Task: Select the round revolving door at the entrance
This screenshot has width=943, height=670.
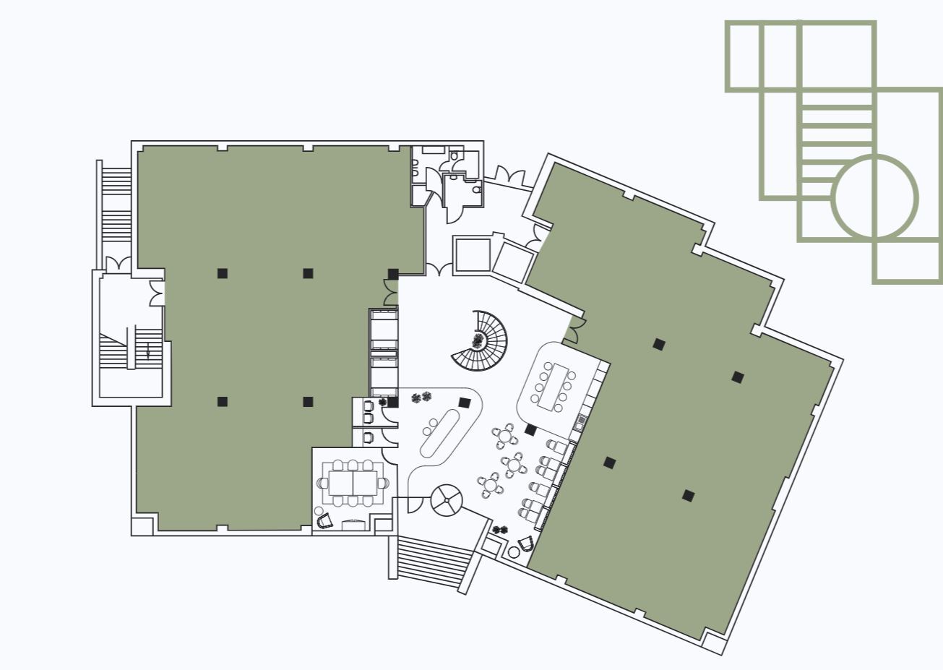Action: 447,500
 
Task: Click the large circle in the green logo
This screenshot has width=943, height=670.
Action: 874,197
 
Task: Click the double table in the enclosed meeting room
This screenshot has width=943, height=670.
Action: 353,482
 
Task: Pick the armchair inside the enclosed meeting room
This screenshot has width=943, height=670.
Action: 324,519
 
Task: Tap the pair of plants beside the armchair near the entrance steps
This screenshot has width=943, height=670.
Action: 499,530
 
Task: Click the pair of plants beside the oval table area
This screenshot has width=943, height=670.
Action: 421,396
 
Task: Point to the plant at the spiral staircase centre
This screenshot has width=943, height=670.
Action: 478,340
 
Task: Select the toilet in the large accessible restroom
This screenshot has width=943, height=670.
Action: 476,190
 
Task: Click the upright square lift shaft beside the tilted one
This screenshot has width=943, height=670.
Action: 472,254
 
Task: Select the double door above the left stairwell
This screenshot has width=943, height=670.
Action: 118,264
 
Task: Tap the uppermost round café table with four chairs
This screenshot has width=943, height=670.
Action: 505,437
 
